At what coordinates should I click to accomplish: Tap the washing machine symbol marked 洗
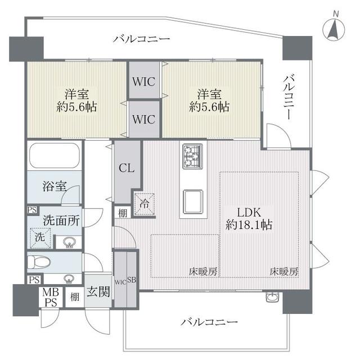click(40, 238)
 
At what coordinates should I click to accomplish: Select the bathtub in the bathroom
click(53, 155)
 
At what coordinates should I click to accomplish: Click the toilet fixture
click(41, 262)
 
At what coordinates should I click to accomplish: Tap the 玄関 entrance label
click(97, 293)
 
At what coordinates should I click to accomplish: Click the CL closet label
click(126, 167)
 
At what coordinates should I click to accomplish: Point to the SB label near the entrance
click(131, 280)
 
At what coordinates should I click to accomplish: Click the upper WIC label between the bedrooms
click(145, 81)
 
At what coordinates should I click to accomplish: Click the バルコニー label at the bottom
click(210, 323)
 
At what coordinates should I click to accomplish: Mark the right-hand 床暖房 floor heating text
click(284, 271)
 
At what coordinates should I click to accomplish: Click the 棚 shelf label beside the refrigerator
click(122, 213)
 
